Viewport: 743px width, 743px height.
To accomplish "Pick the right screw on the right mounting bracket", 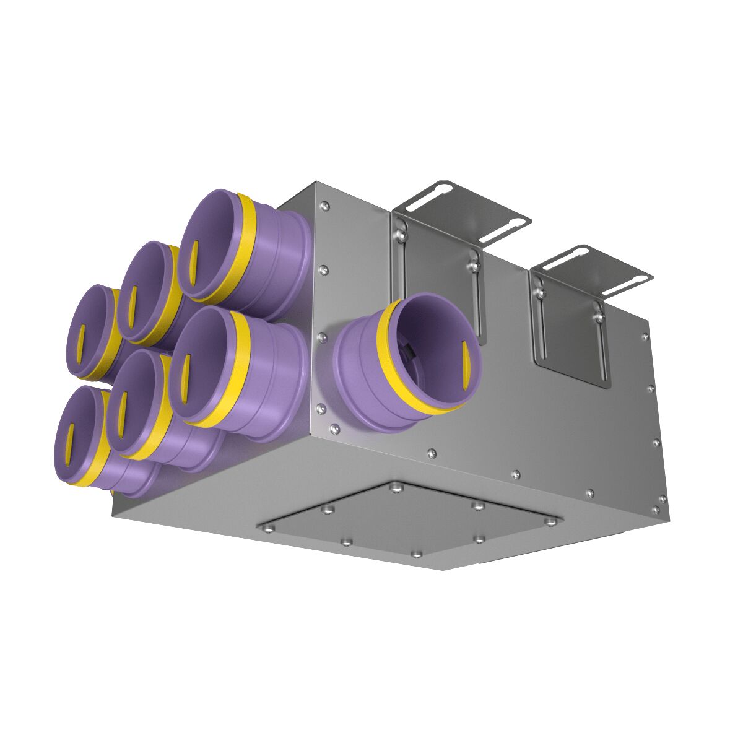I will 599,316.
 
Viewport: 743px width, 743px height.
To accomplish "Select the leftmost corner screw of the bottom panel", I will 269,528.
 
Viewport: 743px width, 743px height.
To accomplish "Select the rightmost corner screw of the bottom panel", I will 550,521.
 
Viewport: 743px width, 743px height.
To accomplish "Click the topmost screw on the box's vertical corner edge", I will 326,204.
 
